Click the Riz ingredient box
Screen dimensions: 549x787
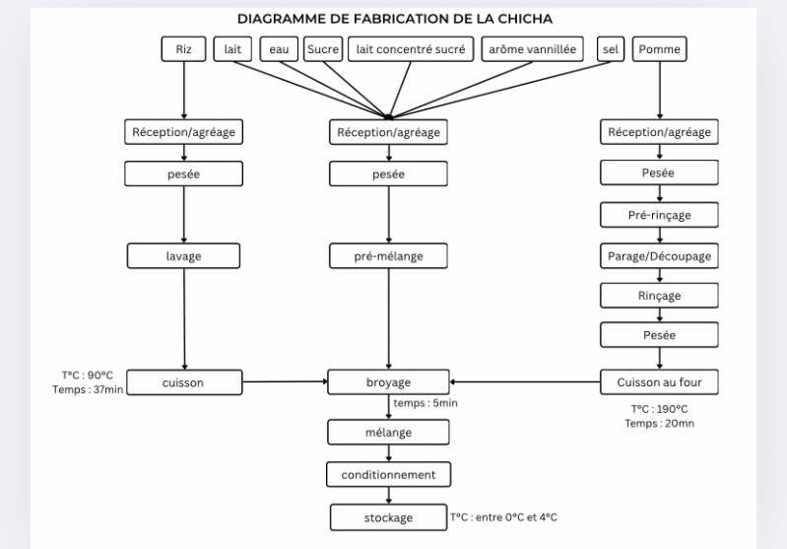click(x=184, y=49)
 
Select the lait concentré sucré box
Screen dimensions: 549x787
click(x=411, y=49)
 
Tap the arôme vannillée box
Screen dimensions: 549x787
click(x=533, y=49)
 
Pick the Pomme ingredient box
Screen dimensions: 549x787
click(x=659, y=49)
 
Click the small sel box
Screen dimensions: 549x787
click(x=610, y=49)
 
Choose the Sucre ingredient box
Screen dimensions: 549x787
click(x=322, y=49)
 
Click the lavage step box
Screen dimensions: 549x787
click(x=184, y=256)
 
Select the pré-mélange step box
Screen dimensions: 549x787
click(x=389, y=256)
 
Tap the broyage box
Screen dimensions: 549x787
click(x=389, y=382)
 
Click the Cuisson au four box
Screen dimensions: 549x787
click(x=659, y=382)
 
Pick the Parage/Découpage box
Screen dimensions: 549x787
click(x=659, y=256)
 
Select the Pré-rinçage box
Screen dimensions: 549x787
click(x=659, y=215)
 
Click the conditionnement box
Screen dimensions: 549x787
click(x=389, y=475)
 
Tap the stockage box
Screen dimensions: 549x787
click(x=389, y=517)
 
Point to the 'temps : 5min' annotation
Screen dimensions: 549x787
click(x=426, y=403)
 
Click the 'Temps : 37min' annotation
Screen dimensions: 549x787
click(x=88, y=390)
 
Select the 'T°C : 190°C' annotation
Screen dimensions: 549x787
click(x=659, y=409)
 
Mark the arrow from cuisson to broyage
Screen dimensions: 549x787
click(x=285, y=381)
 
